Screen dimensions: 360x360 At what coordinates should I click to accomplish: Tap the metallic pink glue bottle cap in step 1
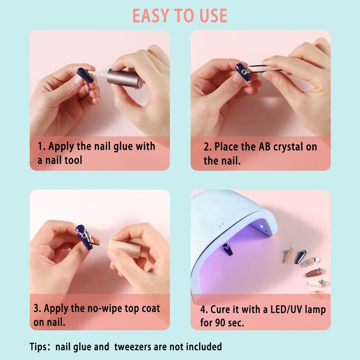[126, 79]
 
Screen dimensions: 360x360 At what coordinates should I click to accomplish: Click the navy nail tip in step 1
[85, 75]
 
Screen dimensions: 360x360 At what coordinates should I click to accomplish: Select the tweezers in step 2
[264, 68]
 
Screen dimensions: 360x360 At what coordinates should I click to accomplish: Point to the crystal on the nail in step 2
[244, 72]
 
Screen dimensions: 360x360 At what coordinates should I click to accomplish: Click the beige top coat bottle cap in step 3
[124, 249]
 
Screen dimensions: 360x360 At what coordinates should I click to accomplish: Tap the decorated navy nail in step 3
[84, 237]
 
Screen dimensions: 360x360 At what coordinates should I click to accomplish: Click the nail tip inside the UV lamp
[227, 250]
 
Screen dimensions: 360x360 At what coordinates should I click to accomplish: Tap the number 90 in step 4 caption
[220, 323]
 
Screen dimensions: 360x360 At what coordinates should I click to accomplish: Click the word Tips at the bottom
[38, 346]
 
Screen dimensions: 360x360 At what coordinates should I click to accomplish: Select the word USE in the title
[213, 16]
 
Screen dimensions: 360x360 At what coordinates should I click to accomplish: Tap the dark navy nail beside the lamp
[301, 256]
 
